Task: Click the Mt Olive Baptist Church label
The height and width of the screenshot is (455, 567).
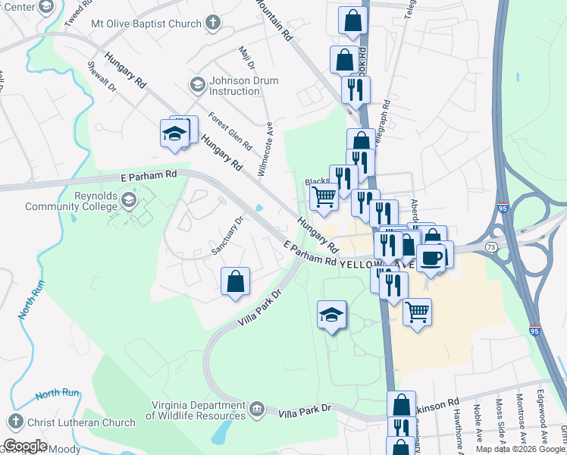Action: (146, 23)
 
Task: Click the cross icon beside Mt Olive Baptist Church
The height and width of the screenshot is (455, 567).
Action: (213, 23)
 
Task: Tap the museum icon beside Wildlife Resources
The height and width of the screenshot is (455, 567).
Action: (257, 410)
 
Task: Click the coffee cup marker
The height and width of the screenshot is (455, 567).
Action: (431, 258)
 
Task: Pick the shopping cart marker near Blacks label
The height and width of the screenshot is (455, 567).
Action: (324, 196)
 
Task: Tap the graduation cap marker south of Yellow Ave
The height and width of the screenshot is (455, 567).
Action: (331, 315)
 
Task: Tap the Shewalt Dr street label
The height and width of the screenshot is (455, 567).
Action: (102, 77)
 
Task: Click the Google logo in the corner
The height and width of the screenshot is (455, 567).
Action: (25, 446)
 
